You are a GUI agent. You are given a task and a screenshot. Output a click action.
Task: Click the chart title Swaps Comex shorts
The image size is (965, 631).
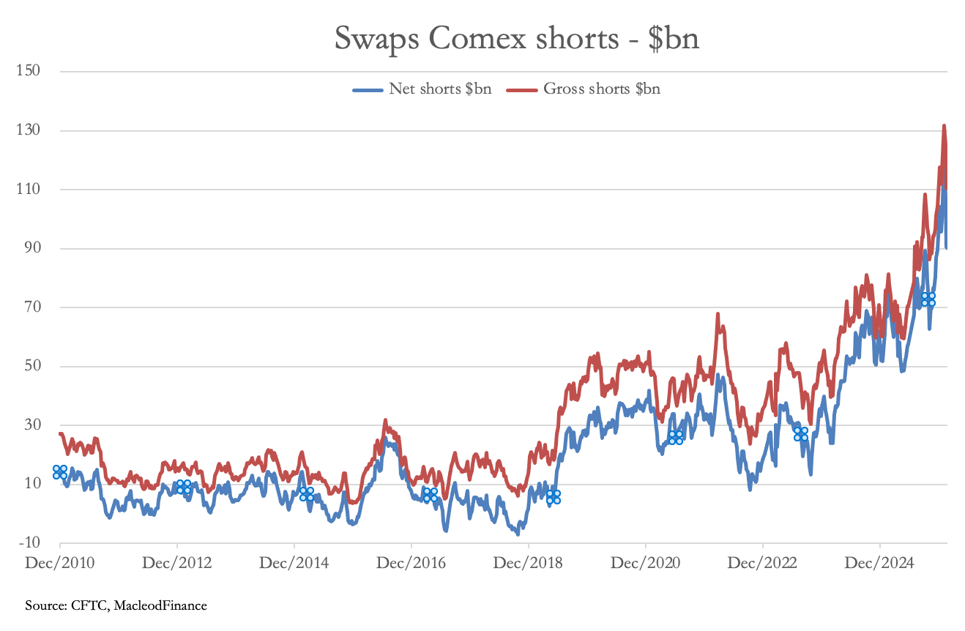[x=517, y=38]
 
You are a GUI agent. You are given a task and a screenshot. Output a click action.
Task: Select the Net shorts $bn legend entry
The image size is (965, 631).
[x=422, y=89]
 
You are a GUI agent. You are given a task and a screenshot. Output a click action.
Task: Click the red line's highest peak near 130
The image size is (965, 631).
[x=944, y=126]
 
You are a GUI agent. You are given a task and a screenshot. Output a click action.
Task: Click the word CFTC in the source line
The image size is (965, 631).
[x=89, y=605]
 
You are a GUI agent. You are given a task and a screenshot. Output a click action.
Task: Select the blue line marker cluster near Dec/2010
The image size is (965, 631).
[x=60, y=472]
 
